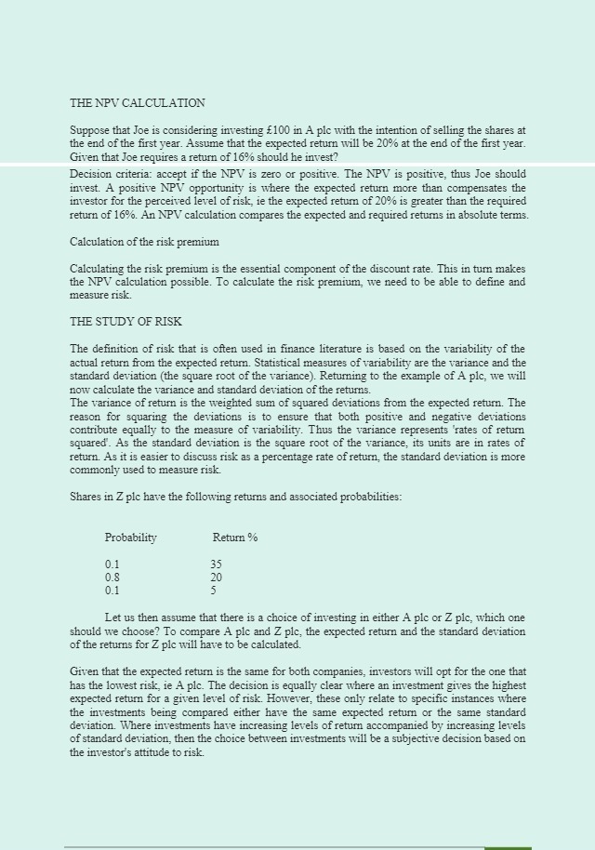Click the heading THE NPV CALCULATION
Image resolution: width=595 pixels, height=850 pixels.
(138, 103)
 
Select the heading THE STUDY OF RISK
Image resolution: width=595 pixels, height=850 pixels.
(126, 322)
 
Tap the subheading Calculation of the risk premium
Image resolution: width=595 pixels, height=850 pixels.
(144, 242)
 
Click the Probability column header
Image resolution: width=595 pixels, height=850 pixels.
(130, 538)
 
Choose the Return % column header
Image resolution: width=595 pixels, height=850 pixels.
(235, 538)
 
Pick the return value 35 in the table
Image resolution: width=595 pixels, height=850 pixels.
(216, 564)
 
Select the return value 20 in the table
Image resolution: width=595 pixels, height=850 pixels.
(216, 578)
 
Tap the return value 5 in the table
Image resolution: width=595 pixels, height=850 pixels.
(213, 591)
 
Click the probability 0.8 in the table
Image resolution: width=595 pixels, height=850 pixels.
(112, 578)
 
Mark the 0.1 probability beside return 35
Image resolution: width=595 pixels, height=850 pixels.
(112, 564)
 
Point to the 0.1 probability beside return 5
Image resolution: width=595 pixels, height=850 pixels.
(112, 591)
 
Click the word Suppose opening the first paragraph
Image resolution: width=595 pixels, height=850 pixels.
(90, 131)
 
